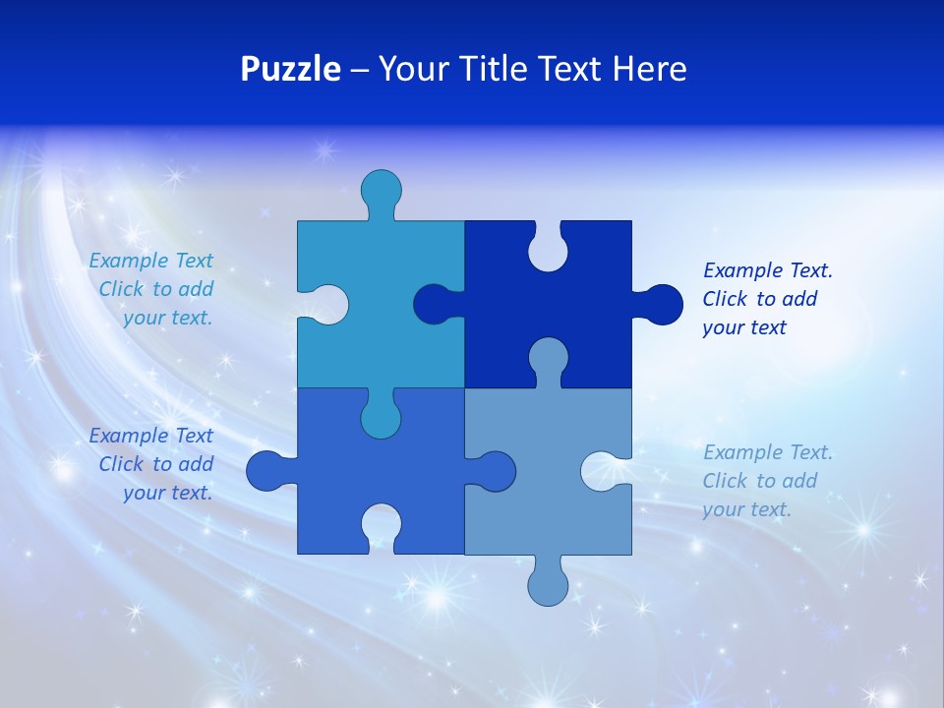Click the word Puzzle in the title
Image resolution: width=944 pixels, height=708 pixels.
(x=290, y=69)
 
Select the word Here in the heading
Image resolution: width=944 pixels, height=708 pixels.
(x=648, y=69)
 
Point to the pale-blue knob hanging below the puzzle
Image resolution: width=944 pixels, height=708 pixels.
(x=549, y=583)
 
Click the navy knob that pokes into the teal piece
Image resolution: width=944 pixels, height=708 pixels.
(x=434, y=305)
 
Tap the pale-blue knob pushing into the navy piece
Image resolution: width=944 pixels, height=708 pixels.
(x=548, y=359)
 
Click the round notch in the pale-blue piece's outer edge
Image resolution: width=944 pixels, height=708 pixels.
(x=604, y=471)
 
